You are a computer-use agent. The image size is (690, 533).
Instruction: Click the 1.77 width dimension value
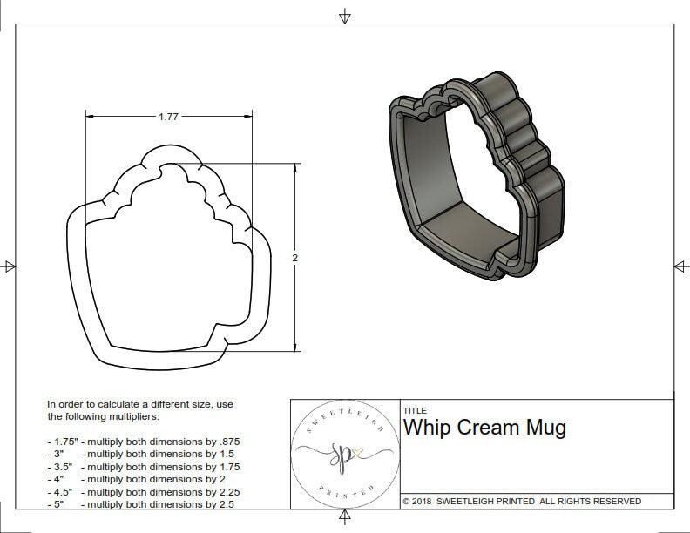tap(169, 117)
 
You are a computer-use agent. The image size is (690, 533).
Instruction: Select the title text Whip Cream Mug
tap(484, 428)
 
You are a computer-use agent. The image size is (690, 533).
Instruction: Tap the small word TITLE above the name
tap(415, 410)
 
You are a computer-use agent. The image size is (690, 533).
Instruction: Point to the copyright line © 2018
tap(522, 501)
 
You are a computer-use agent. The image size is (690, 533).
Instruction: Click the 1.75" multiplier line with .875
tap(144, 442)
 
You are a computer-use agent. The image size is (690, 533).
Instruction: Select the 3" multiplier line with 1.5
tap(139, 454)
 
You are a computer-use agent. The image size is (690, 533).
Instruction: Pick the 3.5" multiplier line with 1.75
tap(144, 467)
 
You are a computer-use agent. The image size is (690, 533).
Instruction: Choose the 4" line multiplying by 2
tap(135, 479)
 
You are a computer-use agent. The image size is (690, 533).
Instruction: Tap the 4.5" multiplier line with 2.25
tap(144, 491)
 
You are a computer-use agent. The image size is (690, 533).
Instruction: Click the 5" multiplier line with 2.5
tap(139, 503)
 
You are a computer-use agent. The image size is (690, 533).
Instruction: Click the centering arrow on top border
tap(346, 16)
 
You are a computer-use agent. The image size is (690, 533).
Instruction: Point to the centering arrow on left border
tap(10, 266)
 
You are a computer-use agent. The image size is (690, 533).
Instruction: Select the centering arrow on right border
tap(680, 266)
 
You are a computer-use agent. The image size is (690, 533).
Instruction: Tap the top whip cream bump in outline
tap(169, 158)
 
